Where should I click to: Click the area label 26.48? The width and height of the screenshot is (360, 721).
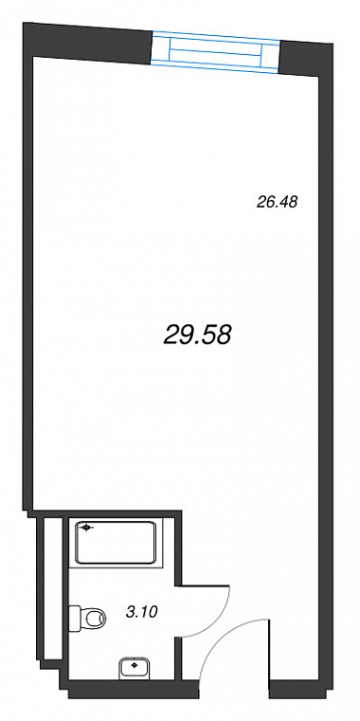277,202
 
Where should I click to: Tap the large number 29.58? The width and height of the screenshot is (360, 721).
197,334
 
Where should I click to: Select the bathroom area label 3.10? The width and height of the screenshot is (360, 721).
142,612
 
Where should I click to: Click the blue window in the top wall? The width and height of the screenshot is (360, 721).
216,51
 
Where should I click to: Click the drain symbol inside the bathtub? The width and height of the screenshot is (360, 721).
85,529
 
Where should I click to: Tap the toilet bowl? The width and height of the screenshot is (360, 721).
94,616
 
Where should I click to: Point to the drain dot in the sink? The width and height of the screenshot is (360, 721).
134,664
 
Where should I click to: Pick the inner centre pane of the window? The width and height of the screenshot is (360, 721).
216,51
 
